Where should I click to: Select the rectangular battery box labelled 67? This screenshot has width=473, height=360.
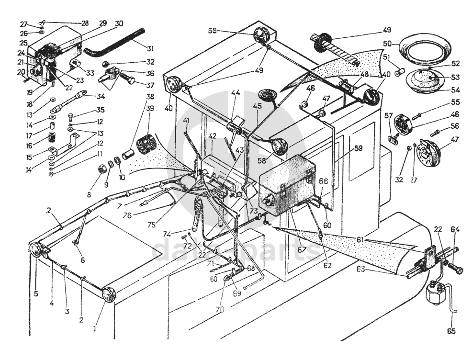[286, 180]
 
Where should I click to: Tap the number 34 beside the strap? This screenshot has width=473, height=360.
[100, 95]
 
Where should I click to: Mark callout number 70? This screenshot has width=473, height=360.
[219, 310]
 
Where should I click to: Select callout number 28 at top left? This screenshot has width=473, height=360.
[85, 23]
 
